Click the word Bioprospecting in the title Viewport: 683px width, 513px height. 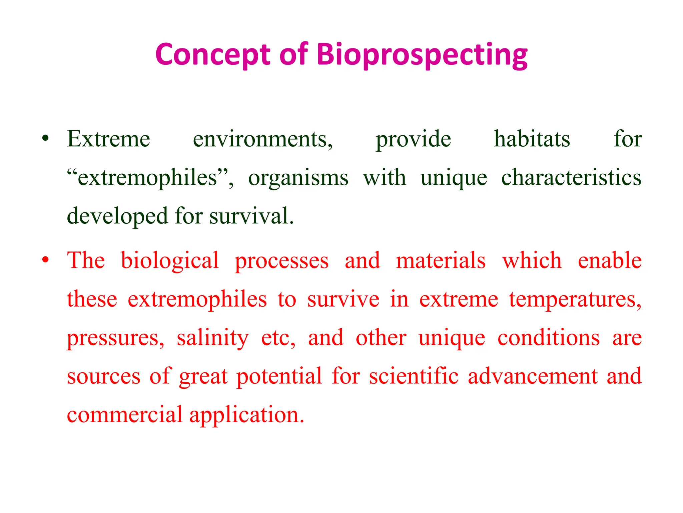[x=422, y=55]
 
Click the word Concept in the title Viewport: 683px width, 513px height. [x=213, y=55]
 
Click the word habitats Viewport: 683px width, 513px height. [x=532, y=139]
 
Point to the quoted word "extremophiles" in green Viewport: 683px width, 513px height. [x=150, y=178]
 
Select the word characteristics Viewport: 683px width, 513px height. [x=571, y=177]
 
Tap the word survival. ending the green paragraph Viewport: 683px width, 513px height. [x=251, y=216]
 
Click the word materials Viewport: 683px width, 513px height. [x=441, y=261]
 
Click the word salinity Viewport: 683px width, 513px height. [x=212, y=338]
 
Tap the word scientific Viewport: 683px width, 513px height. [x=414, y=376]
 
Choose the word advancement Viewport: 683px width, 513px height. [x=533, y=376]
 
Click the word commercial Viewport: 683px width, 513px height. [x=124, y=415]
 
